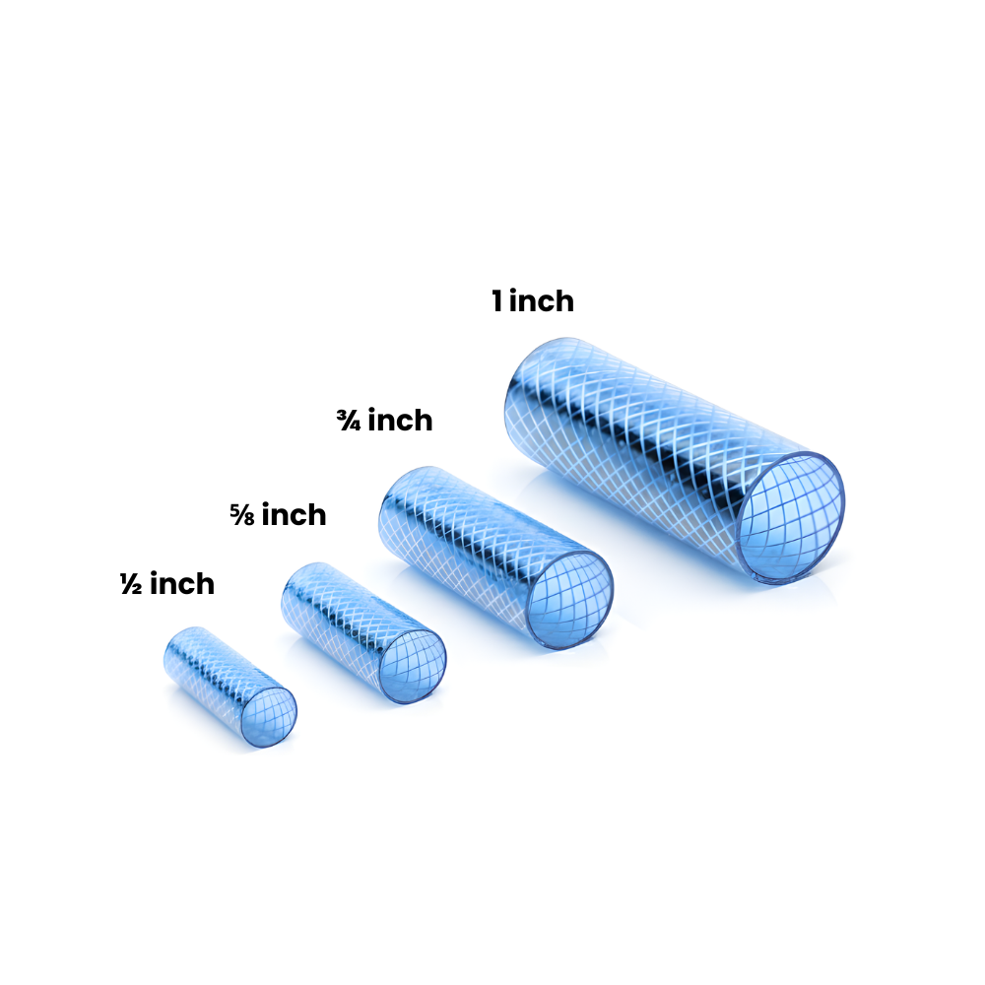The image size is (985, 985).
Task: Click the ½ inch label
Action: [166, 584]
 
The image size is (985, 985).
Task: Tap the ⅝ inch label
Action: [278, 514]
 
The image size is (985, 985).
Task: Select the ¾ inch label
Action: [384, 421]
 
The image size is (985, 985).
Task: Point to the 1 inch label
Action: [533, 300]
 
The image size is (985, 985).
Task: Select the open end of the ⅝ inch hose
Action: [413, 663]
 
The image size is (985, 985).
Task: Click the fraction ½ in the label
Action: [130, 584]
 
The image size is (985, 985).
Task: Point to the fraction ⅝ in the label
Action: [242, 514]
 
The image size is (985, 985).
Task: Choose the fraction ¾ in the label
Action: [348, 421]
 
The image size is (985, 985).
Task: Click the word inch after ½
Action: [181, 584]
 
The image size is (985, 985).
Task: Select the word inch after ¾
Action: [400, 421]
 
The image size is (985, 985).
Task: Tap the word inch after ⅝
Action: [294, 514]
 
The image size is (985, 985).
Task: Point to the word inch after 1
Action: [542, 300]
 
